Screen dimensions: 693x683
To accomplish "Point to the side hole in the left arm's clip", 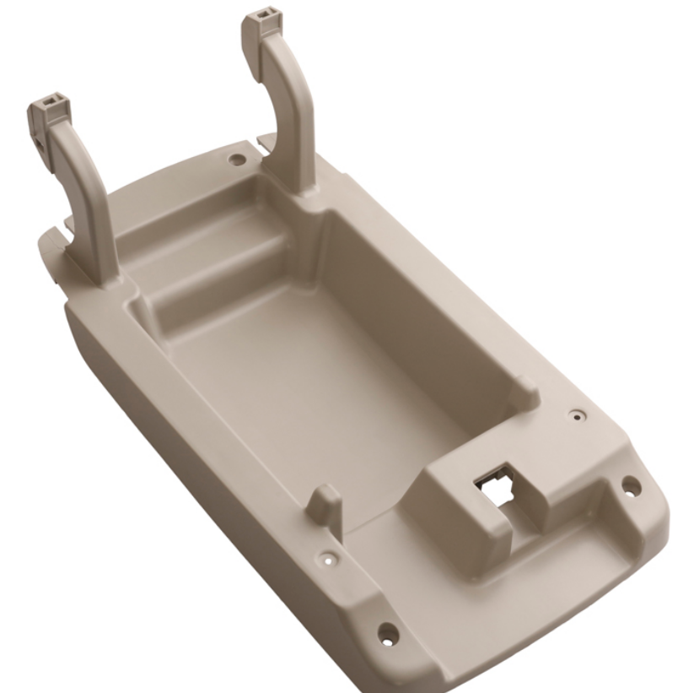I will (x=40, y=135).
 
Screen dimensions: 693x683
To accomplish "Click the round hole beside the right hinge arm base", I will (x=239, y=158).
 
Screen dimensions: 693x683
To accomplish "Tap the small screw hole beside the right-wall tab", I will (x=576, y=415).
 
